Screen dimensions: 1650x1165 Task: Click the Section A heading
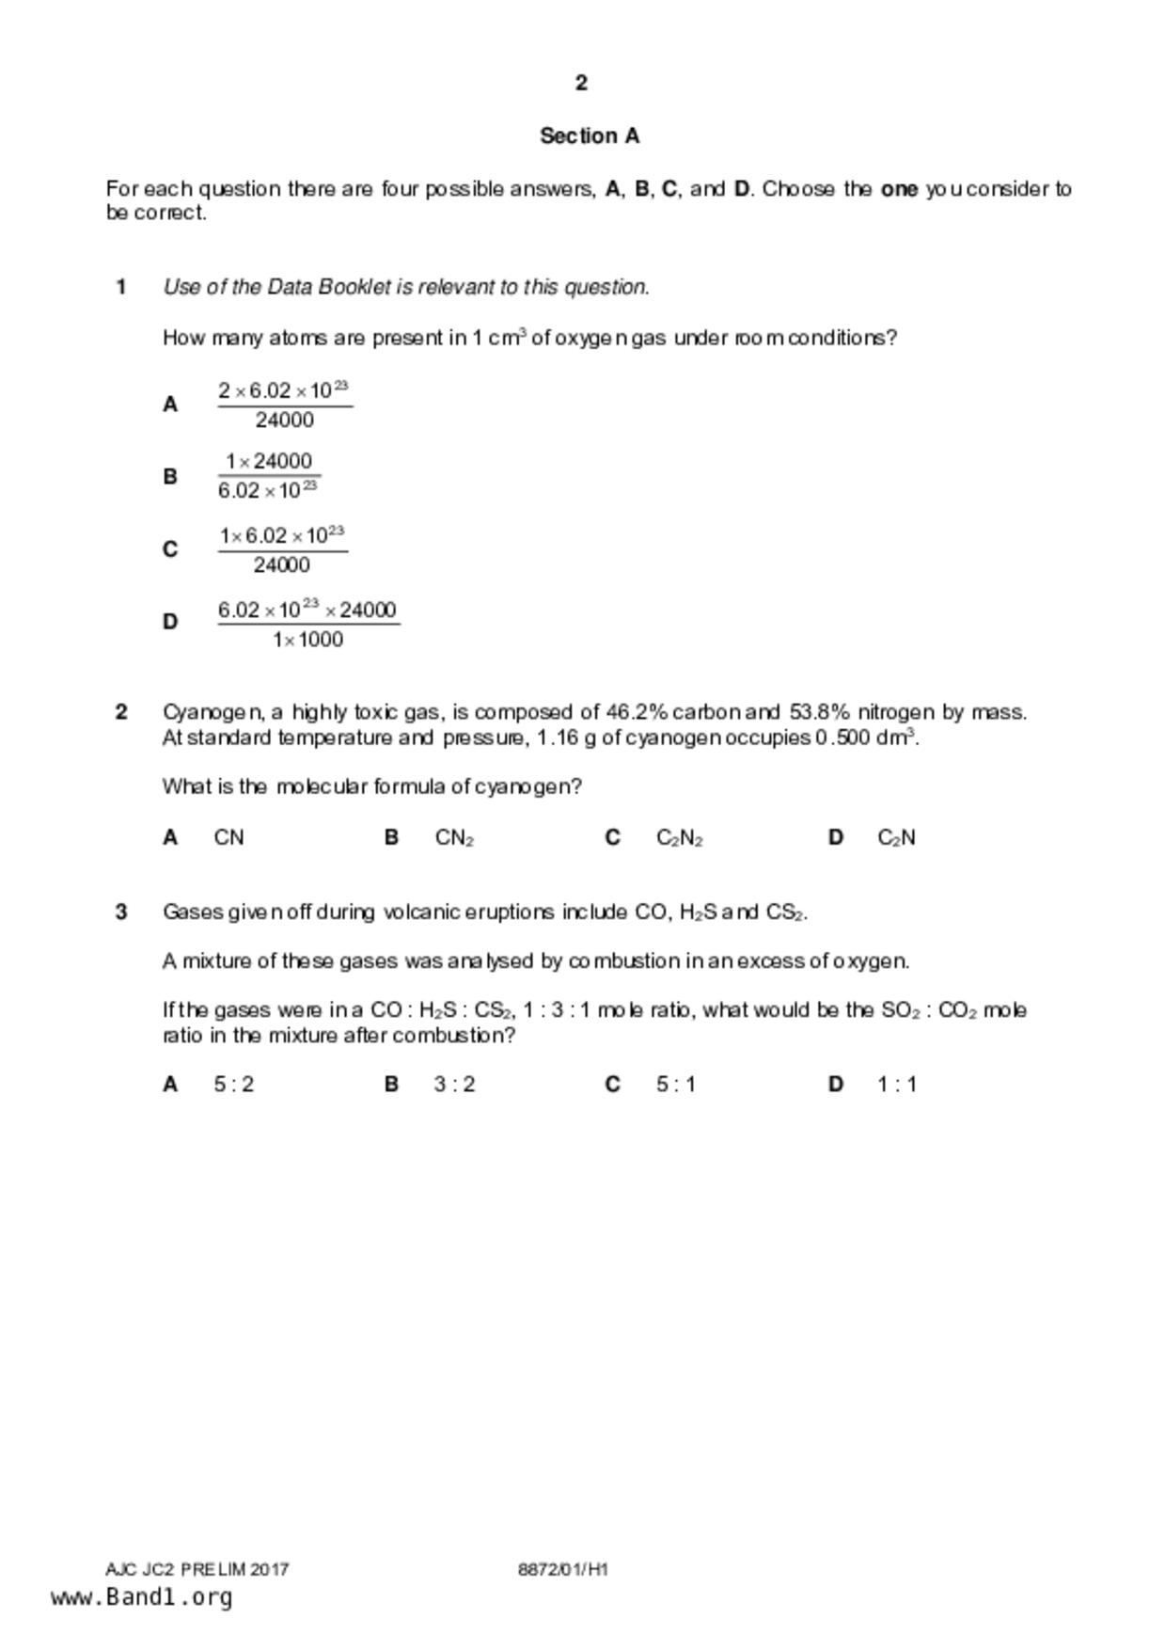click(x=590, y=136)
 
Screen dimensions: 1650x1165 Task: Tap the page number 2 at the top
click(x=581, y=83)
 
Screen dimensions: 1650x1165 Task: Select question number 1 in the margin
click(x=121, y=287)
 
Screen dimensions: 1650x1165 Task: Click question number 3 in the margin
click(x=121, y=912)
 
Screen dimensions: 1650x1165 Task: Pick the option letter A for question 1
click(x=170, y=405)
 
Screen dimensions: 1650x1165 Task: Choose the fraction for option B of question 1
click(x=269, y=476)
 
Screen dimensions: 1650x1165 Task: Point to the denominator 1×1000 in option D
click(x=308, y=640)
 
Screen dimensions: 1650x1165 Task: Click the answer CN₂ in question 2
click(x=454, y=837)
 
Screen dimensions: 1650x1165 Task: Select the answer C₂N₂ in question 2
click(x=679, y=837)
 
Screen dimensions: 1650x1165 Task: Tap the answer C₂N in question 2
click(x=896, y=837)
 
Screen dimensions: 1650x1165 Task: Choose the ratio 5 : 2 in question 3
click(x=234, y=1085)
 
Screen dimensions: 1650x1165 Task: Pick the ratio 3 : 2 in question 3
click(x=455, y=1085)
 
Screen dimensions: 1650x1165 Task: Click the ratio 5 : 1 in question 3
click(x=676, y=1085)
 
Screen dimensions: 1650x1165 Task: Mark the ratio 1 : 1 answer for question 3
click(x=897, y=1085)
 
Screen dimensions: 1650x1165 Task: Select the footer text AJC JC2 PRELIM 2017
click(x=197, y=1569)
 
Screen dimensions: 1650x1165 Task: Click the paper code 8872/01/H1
click(x=563, y=1569)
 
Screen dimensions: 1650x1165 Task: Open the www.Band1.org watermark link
click(x=142, y=1597)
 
